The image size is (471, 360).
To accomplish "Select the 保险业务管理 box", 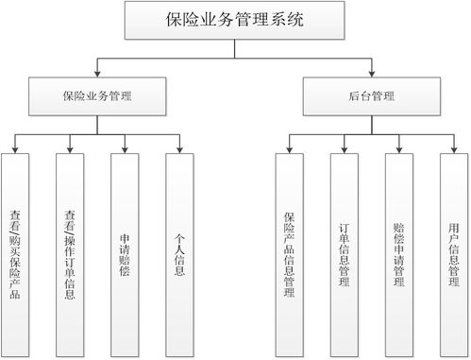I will [97, 95].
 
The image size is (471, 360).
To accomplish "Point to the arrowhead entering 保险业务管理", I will [97, 74].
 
